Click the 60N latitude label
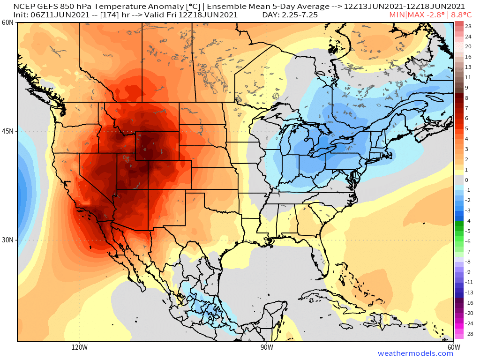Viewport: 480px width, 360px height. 7,23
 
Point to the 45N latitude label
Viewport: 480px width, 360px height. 7,131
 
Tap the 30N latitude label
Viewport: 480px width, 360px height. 7,240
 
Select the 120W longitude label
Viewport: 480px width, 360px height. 80,347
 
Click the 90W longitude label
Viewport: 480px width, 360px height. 267,347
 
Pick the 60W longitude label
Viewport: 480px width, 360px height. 453,347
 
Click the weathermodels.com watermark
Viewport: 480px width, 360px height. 415,353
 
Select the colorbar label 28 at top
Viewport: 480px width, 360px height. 468,27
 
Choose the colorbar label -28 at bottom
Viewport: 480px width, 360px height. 468,334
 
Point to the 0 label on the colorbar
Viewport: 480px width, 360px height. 466,180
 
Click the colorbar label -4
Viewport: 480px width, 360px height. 467,221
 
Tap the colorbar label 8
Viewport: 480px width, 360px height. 466,98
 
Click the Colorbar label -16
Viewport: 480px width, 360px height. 468,303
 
